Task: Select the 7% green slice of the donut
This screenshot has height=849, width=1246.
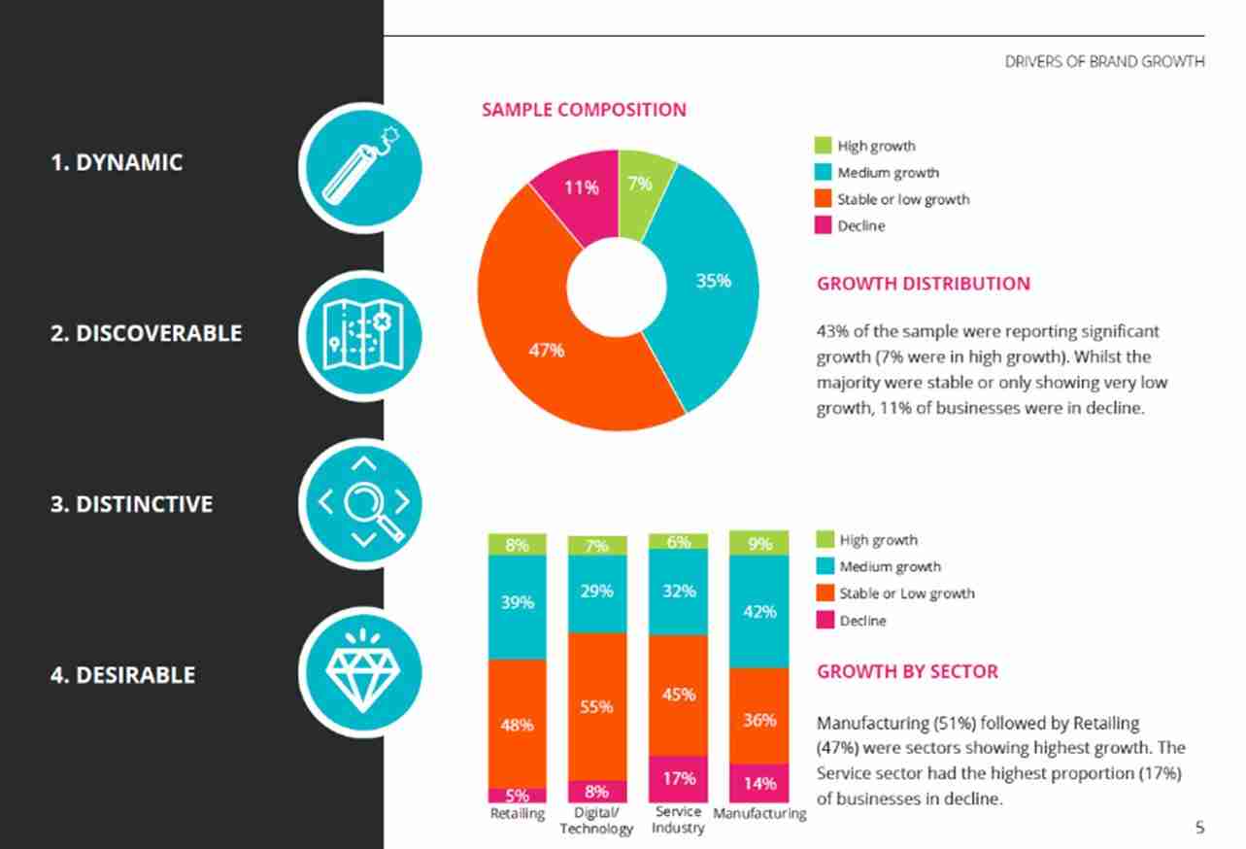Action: click(640, 184)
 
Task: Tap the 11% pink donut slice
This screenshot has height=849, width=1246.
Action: click(581, 189)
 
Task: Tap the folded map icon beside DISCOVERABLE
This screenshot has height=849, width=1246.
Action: click(360, 333)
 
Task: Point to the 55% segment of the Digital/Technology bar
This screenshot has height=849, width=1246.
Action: click(596, 706)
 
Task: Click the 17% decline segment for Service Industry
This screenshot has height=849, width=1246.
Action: click(678, 778)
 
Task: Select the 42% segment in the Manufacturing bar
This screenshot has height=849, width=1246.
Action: click(759, 612)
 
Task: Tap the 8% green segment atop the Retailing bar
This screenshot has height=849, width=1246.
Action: click(517, 545)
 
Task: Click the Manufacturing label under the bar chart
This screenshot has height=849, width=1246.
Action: click(759, 814)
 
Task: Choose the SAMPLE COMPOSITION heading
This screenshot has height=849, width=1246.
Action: click(584, 110)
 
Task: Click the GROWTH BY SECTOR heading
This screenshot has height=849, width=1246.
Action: click(907, 671)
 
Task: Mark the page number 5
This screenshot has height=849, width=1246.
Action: click(1199, 828)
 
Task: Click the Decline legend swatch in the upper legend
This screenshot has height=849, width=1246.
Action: click(823, 225)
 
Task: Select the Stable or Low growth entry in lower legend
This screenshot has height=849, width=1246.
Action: click(906, 593)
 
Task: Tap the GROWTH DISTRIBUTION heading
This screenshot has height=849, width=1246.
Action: click(923, 284)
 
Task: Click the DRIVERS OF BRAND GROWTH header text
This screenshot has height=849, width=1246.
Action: click(1104, 61)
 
